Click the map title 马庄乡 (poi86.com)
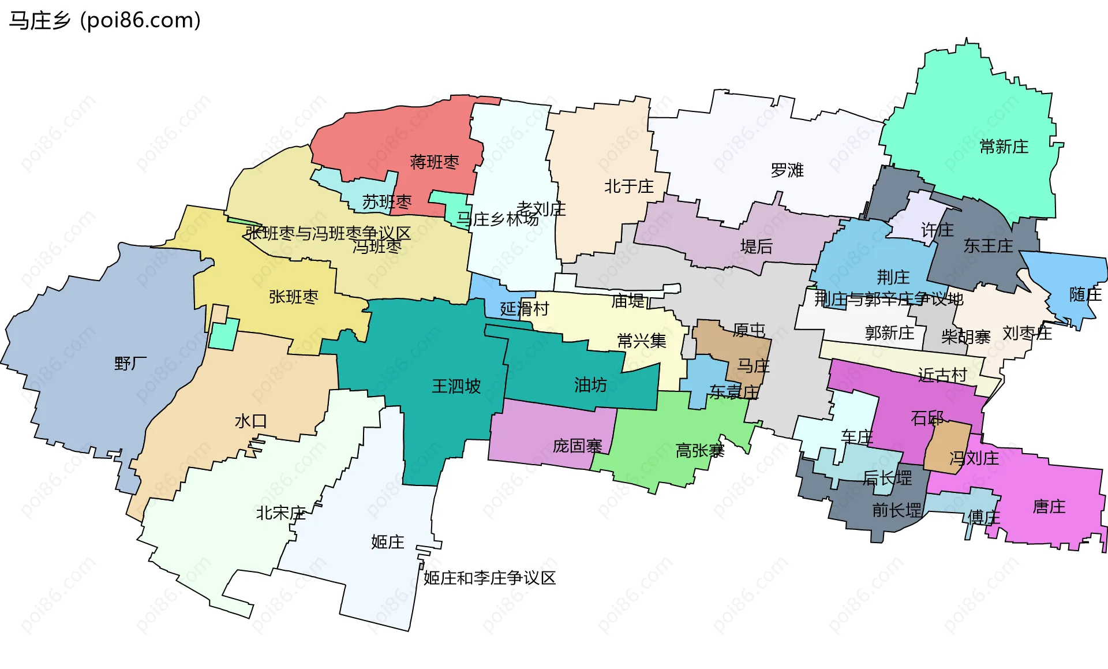point(104,20)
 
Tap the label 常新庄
point(1004,147)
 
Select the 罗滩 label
point(787,170)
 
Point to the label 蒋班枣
point(434,162)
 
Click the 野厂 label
point(130,364)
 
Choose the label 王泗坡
point(456,386)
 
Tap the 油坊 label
point(590,385)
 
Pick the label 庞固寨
point(577,446)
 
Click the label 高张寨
point(699,450)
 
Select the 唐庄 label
point(1049,507)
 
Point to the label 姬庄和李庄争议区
point(489,578)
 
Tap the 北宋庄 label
point(280,513)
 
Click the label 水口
point(250,421)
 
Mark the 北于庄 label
point(628,186)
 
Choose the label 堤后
point(756,247)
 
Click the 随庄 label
point(1085,295)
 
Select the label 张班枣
point(293,297)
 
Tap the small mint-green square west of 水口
point(223,334)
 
